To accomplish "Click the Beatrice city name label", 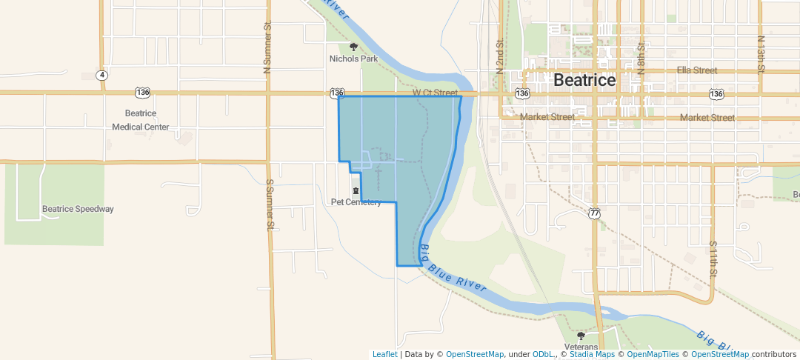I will (x=584, y=80).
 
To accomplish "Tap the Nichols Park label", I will (x=354, y=59).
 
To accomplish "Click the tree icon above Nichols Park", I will (x=354, y=47).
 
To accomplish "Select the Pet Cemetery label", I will (x=356, y=202).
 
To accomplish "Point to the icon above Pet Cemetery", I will (x=356, y=191).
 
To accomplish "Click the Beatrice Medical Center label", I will (x=141, y=120).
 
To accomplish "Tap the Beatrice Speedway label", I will (x=78, y=209).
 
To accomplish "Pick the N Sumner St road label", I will (x=268, y=52).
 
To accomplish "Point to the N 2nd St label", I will (x=501, y=56).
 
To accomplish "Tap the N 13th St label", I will (x=761, y=53).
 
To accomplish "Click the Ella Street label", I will (x=696, y=70).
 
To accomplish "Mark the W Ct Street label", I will (x=436, y=93).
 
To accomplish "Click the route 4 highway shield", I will (x=101, y=75).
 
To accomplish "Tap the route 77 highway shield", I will (x=594, y=213).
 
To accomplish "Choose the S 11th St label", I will (x=713, y=259).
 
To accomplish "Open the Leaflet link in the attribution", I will (x=384, y=355).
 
